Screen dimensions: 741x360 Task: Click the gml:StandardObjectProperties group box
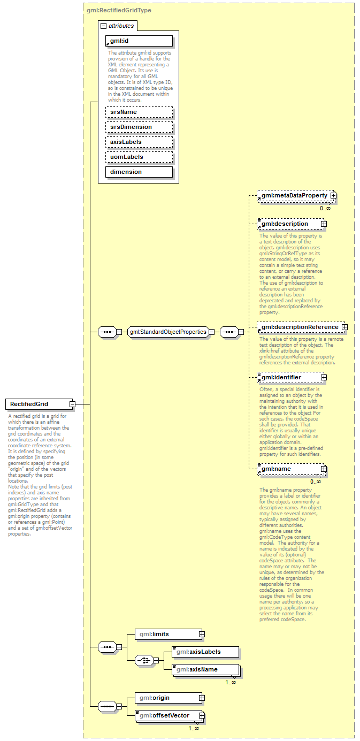(x=167, y=332)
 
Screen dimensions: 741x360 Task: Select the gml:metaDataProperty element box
(x=294, y=196)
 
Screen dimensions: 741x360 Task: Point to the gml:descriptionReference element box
(x=299, y=327)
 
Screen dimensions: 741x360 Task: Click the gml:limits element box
(x=166, y=634)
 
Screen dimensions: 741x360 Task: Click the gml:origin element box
(x=166, y=698)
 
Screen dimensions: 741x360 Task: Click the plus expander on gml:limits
(x=202, y=634)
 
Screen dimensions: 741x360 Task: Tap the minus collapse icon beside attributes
(x=103, y=25)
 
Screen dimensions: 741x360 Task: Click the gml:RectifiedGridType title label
(x=119, y=10)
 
